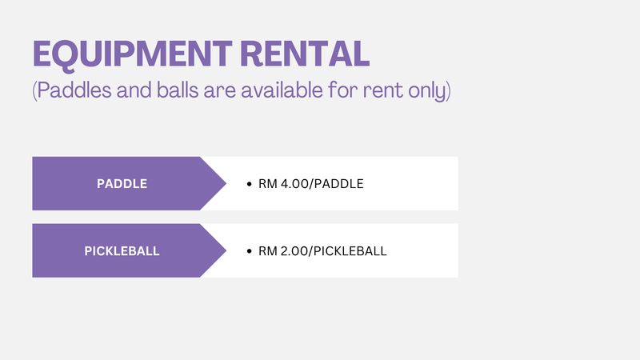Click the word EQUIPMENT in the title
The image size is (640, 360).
click(132, 54)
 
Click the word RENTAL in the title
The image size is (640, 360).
click(305, 54)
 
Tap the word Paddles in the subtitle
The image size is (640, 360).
click(74, 90)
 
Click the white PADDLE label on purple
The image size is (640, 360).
click(122, 184)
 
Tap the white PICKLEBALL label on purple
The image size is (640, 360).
click(122, 251)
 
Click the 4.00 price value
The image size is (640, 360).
click(294, 184)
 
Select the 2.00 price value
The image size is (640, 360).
click(294, 251)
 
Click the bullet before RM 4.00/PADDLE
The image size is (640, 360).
click(250, 184)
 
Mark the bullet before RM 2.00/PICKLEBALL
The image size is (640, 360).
click(250, 251)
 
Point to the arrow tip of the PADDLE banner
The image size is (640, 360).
click(226, 184)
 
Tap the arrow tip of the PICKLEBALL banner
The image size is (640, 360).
click(226, 250)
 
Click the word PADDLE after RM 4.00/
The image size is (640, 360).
click(338, 184)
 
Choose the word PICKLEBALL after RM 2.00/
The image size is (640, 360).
click(350, 251)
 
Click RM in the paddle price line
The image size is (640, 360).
click(268, 184)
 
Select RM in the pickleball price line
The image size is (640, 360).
click(268, 251)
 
